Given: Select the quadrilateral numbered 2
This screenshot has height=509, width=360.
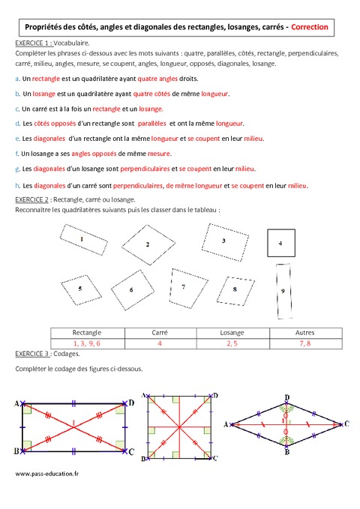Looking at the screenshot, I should [147, 244].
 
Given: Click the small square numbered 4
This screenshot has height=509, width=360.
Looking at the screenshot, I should [280, 244].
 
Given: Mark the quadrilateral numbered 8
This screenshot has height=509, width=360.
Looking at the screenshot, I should [235, 289].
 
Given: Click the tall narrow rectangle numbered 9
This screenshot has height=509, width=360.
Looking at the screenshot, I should [282, 291].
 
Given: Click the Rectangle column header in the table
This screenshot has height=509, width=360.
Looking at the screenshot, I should [87, 333].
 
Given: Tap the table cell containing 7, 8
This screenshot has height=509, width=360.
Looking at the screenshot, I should [305, 343].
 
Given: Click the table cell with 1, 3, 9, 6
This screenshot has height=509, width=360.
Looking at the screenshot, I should [87, 343].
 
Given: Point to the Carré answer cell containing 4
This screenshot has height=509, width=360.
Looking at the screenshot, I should [160, 343].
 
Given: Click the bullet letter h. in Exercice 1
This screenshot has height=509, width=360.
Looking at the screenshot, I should [17, 186].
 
